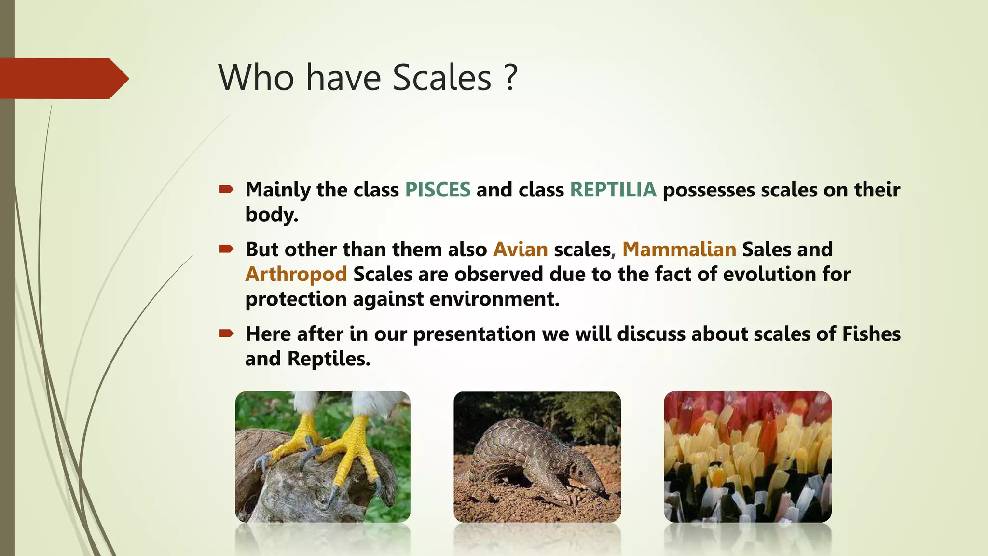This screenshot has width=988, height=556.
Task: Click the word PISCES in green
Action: (438, 190)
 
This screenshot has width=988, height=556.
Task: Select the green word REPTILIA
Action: (613, 190)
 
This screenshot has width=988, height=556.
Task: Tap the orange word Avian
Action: (520, 250)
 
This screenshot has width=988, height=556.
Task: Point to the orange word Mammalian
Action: (679, 250)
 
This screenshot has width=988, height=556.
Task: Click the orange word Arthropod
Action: (296, 274)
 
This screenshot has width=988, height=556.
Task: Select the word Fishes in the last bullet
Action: (871, 334)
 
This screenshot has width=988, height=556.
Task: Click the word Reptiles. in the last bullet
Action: (329, 359)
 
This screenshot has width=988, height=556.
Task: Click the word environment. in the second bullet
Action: (494, 299)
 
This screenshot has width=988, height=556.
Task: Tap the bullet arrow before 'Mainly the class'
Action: (226, 189)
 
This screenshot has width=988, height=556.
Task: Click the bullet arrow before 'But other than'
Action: (226, 249)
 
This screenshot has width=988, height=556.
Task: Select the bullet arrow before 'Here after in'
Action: (226, 334)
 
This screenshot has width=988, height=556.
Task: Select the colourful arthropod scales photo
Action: (747, 457)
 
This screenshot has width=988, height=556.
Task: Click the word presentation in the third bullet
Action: (474, 334)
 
